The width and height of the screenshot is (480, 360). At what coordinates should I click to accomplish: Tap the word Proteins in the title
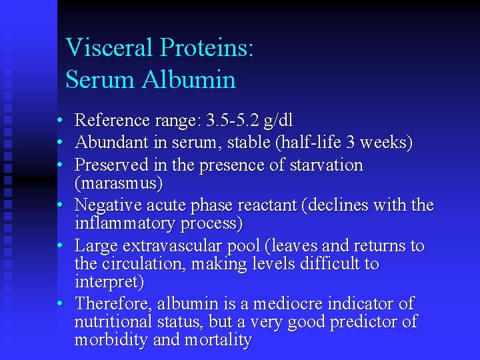pyautogui.click(x=206, y=49)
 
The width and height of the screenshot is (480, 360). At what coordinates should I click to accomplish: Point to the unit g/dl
pyautogui.click(x=278, y=121)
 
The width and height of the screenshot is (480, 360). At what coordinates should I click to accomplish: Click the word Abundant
pyautogui.click(x=109, y=143)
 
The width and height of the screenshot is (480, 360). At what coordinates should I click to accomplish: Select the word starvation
pyautogui.click(x=327, y=165)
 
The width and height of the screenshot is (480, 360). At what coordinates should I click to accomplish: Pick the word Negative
pyautogui.click(x=105, y=205)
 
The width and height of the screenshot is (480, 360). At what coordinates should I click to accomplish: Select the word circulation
pyautogui.click(x=143, y=264)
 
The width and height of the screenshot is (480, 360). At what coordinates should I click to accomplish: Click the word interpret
pyautogui.click(x=108, y=282)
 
